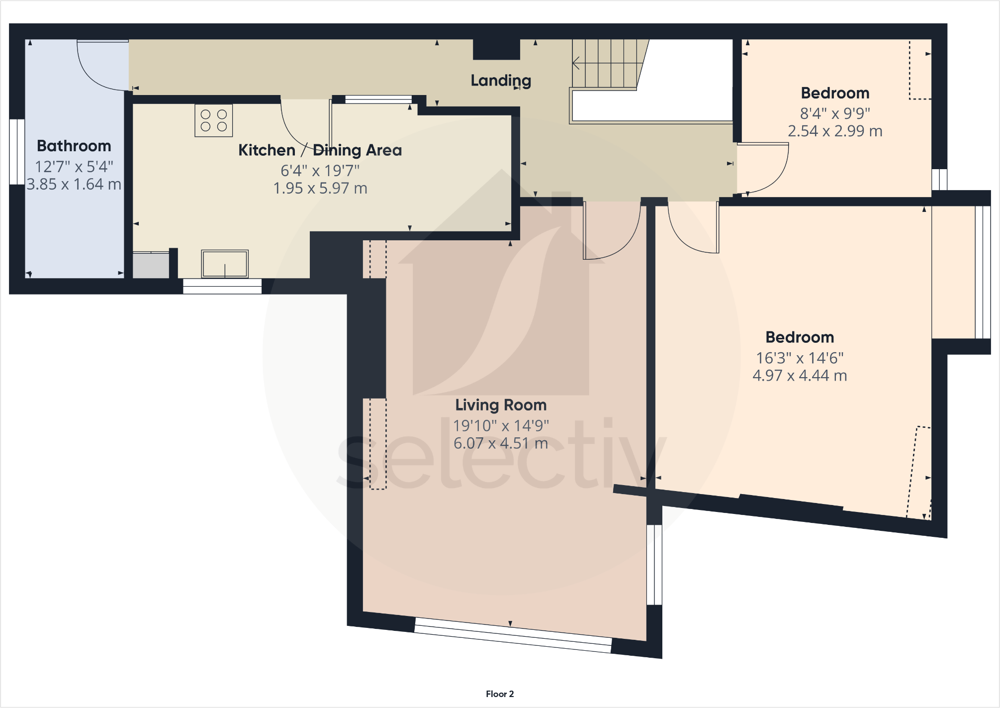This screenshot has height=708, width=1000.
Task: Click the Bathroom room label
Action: [x=74, y=146]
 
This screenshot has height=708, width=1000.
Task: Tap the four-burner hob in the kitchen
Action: [x=214, y=120]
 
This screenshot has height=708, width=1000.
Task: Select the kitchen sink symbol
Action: [x=225, y=264]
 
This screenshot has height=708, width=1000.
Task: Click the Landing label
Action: [x=501, y=81]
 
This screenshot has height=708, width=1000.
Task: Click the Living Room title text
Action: [x=501, y=405]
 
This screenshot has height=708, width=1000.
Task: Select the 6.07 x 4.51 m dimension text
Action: [x=501, y=443]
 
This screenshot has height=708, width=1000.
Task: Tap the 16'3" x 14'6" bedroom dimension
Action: [x=800, y=358]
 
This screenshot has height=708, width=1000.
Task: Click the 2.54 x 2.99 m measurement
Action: [x=835, y=131]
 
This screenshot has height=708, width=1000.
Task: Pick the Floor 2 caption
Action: [x=500, y=694]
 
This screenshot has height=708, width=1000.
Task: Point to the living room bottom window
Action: [x=513, y=635]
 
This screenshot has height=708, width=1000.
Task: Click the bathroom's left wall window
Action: [x=17, y=152]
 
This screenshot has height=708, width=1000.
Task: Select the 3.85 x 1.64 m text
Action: [x=74, y=185]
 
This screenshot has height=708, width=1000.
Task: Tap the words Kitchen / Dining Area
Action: [x=320, y=150]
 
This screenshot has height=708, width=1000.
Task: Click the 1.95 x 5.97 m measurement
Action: [x=320, y=189]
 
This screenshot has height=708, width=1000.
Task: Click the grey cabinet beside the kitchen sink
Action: [x=151, y=265]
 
